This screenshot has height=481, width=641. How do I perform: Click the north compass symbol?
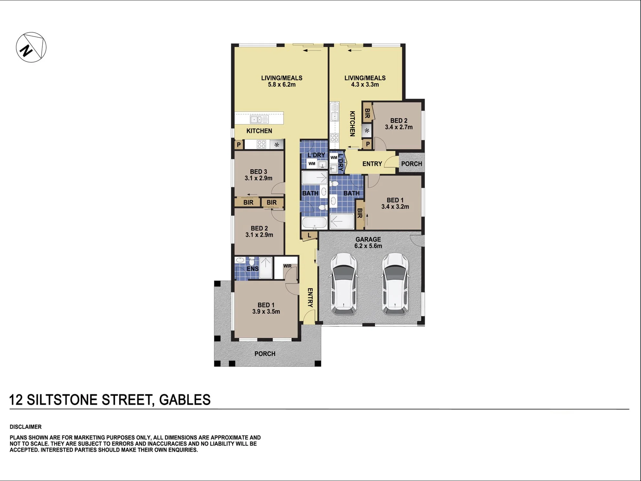point(31,47)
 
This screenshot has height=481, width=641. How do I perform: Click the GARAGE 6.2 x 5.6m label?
point(368,242)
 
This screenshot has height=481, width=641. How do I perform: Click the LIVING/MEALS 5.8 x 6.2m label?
point(282,81)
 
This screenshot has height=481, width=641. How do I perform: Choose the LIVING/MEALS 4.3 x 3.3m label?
point(365,81)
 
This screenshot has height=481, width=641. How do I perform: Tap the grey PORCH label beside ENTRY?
point(411,164)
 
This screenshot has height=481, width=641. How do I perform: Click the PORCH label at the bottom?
point(265,354)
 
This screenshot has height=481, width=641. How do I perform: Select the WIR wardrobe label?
point(287,266)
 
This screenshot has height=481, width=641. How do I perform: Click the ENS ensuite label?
point(252,269)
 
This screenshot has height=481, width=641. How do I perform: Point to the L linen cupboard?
point(309,235)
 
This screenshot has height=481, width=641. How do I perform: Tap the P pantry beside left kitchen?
point(239,144)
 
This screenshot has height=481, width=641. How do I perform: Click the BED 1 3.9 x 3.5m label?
point(266,308)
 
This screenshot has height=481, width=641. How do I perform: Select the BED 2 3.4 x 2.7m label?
point(399,124)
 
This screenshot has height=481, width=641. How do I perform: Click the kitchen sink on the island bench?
point(259,120)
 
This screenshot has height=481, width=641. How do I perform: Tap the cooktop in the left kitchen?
point(261,144)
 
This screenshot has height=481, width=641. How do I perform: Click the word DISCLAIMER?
point(26,427)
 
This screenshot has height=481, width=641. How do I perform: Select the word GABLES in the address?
point(185,400)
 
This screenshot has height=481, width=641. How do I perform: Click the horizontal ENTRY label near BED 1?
point(372,164)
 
